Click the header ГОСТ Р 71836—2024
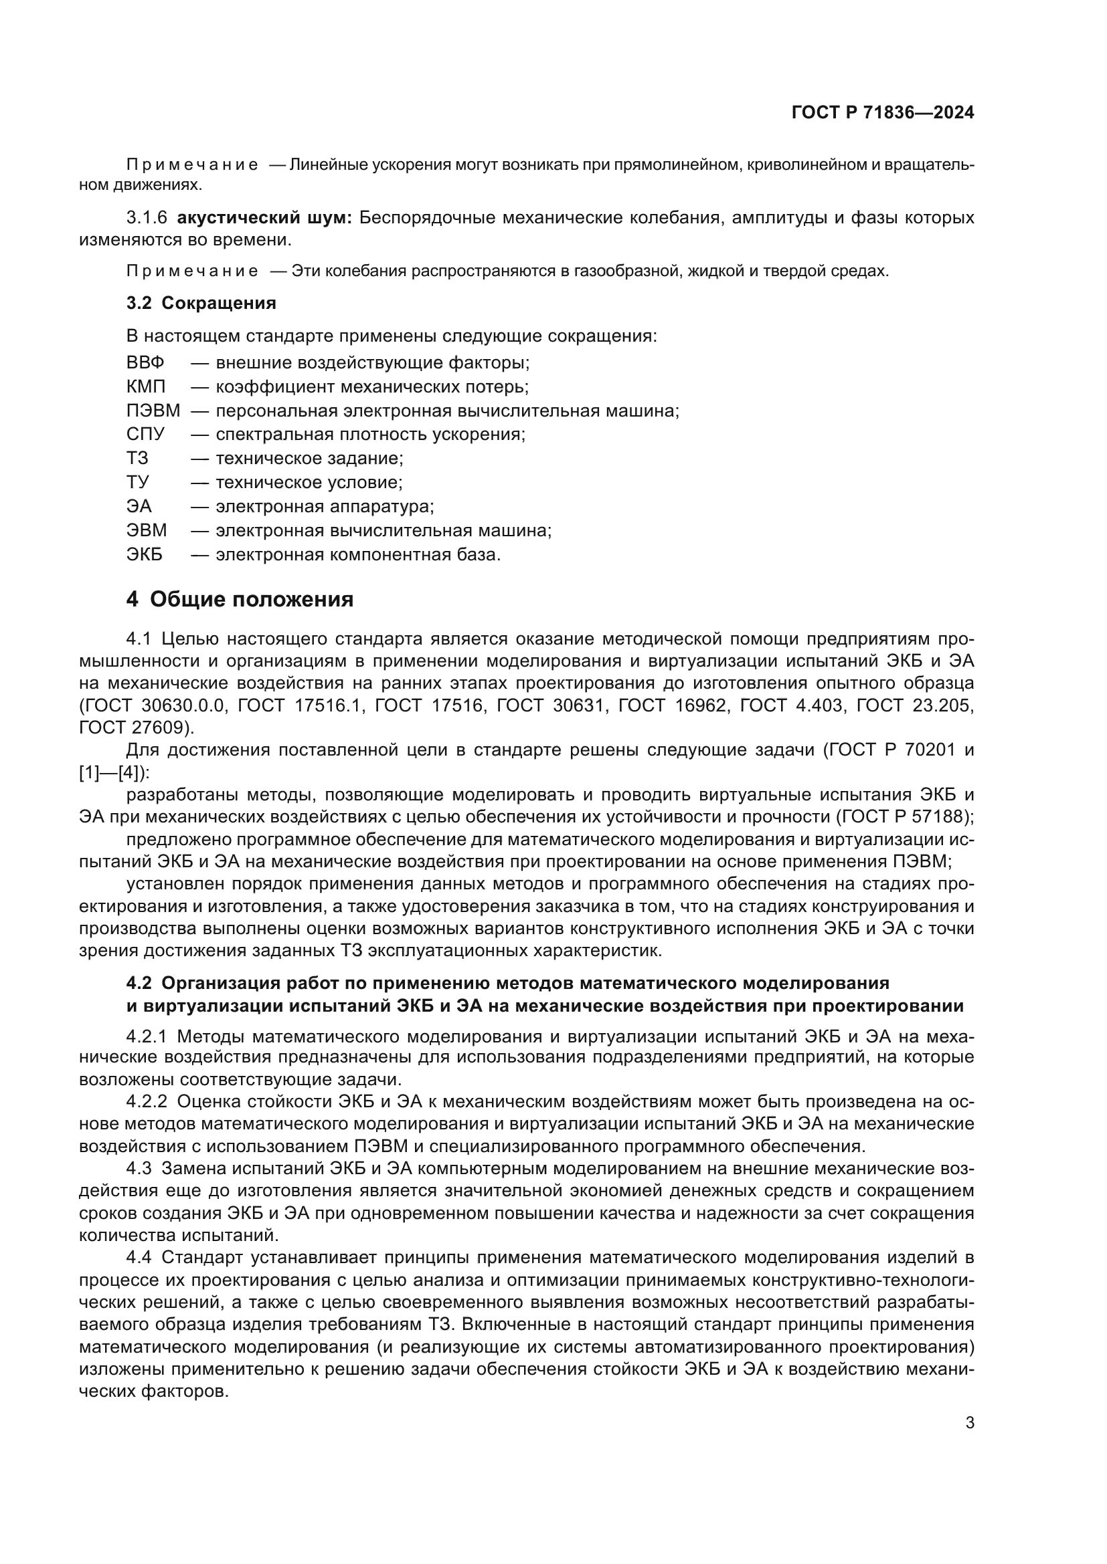click(882, 113)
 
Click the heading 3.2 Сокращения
click(201, 303)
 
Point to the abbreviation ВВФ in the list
click(145, 362)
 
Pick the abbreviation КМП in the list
click(146, 387)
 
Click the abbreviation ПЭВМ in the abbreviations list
click(153, 411)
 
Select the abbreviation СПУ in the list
click(145, 435)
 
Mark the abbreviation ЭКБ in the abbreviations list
click(145, 554)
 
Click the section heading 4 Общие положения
click(240, 599)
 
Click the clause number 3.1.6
click(147, 218)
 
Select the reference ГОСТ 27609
click(135, 728)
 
